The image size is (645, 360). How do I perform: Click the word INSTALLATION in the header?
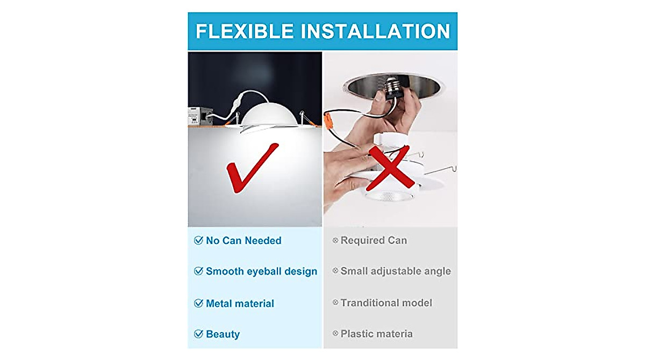[375, 31]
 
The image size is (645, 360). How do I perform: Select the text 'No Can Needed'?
[243, 241]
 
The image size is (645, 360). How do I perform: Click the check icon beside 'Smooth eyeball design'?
[198, 271]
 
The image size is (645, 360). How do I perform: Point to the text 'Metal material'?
[240, 304]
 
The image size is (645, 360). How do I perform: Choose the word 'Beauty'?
[223, 334]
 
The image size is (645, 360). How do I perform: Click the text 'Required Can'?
[374, 240]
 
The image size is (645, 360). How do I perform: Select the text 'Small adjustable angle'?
[396, 271]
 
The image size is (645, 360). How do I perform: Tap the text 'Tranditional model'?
[386, 303]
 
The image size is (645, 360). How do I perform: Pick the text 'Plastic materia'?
[376, 334]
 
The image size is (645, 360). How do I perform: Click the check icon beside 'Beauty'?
[198, 334]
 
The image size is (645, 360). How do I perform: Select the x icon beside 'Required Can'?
[335, 240]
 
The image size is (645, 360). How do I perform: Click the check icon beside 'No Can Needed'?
[198, 241]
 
